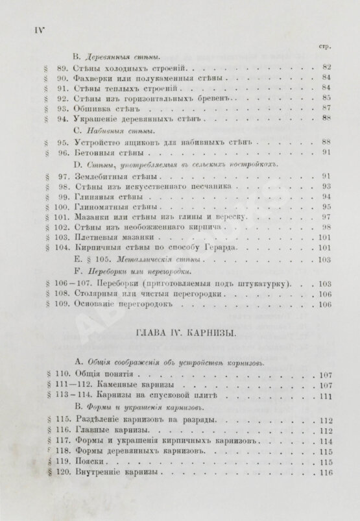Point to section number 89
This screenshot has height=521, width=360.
[64, 66]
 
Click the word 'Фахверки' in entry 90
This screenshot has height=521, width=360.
[94, 77]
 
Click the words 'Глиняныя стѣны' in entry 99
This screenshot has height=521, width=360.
[108, 196]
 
